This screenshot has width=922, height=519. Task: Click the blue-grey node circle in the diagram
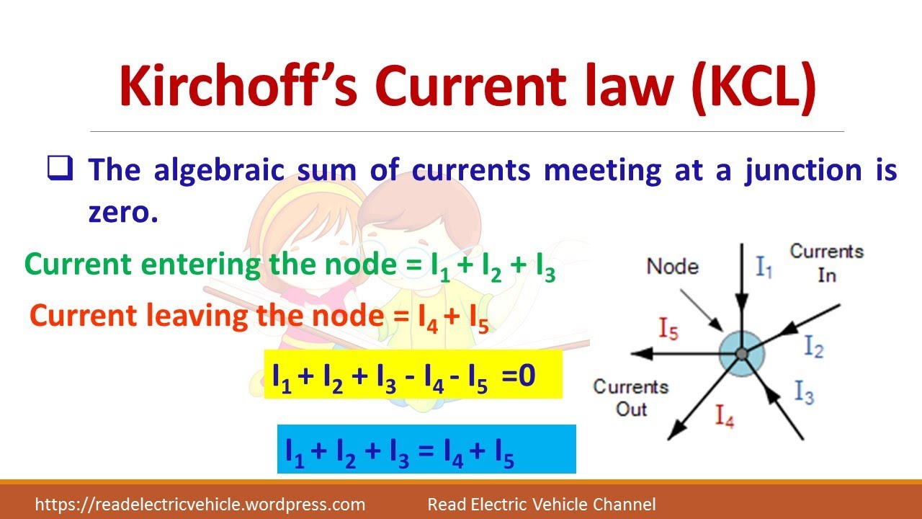click(x=740, y=353)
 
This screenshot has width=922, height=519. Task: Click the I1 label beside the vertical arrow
click(x=764, y=268)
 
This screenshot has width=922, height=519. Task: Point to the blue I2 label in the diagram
click(x=813, y=347)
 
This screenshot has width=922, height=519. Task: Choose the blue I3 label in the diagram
click(x=804, y=392)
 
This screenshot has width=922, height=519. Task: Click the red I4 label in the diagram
click(x=724, y=417)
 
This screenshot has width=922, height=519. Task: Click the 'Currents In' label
click(x=826, y=262)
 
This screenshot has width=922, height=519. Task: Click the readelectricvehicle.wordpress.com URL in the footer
click(x=200, y=505)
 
